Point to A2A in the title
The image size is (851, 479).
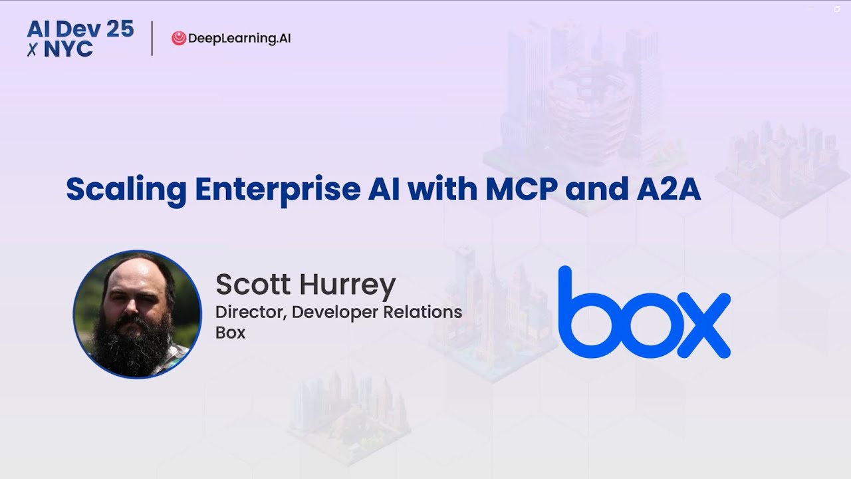(664, 190)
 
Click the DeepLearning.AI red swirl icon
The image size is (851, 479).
(178, 39)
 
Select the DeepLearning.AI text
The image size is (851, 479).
(239, 39)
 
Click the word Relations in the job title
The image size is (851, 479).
(425, 311)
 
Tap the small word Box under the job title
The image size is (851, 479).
(230, 333)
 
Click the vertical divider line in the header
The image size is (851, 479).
(152, 39)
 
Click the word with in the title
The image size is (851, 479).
(441, 190)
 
